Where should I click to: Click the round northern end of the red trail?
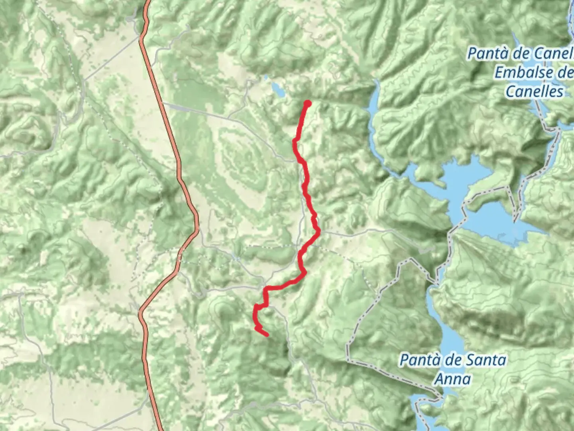tap(307, 104)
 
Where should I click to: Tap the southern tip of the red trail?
tap(266, 334)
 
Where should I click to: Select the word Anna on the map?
tap(452, 379)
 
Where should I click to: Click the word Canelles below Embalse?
tap(535, 91)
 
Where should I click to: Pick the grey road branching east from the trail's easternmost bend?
tap(359, 231)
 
